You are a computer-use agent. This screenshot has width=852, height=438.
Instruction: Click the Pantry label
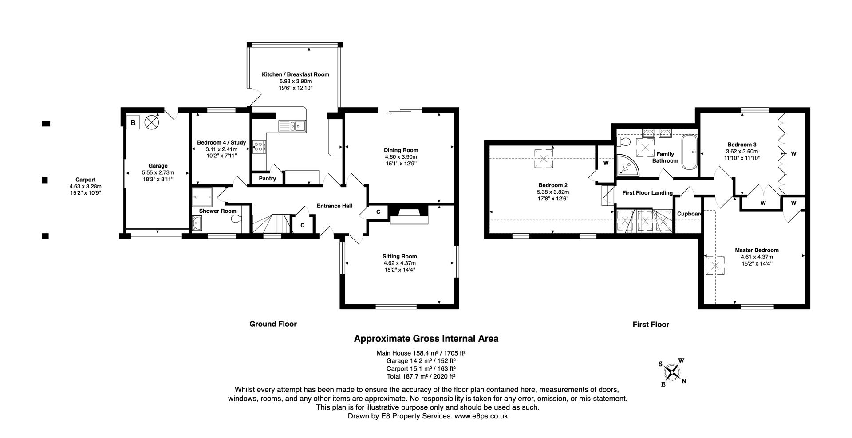coord(267,179)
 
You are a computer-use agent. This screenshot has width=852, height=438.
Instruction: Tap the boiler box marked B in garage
coord(133,122)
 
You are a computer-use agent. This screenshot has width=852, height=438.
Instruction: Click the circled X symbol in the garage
coord(151,122)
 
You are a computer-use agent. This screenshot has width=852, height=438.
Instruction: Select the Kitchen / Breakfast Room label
coord(295,74)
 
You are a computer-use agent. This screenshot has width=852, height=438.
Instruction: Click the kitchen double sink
coord(292,126)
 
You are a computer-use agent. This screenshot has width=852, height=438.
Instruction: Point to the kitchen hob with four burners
coord(259,146)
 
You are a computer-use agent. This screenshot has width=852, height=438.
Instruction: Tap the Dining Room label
coord(401,150)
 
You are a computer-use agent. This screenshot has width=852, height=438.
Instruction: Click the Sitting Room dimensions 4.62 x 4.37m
coord(399,263)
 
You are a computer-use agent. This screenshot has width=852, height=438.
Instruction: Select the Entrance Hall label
coord(334,206)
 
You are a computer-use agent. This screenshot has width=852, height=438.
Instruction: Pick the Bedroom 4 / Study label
coord(221,142)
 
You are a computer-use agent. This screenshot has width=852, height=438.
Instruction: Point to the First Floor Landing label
coord(647,193)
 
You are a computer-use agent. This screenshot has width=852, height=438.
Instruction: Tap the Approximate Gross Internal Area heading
coord(426,339)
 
